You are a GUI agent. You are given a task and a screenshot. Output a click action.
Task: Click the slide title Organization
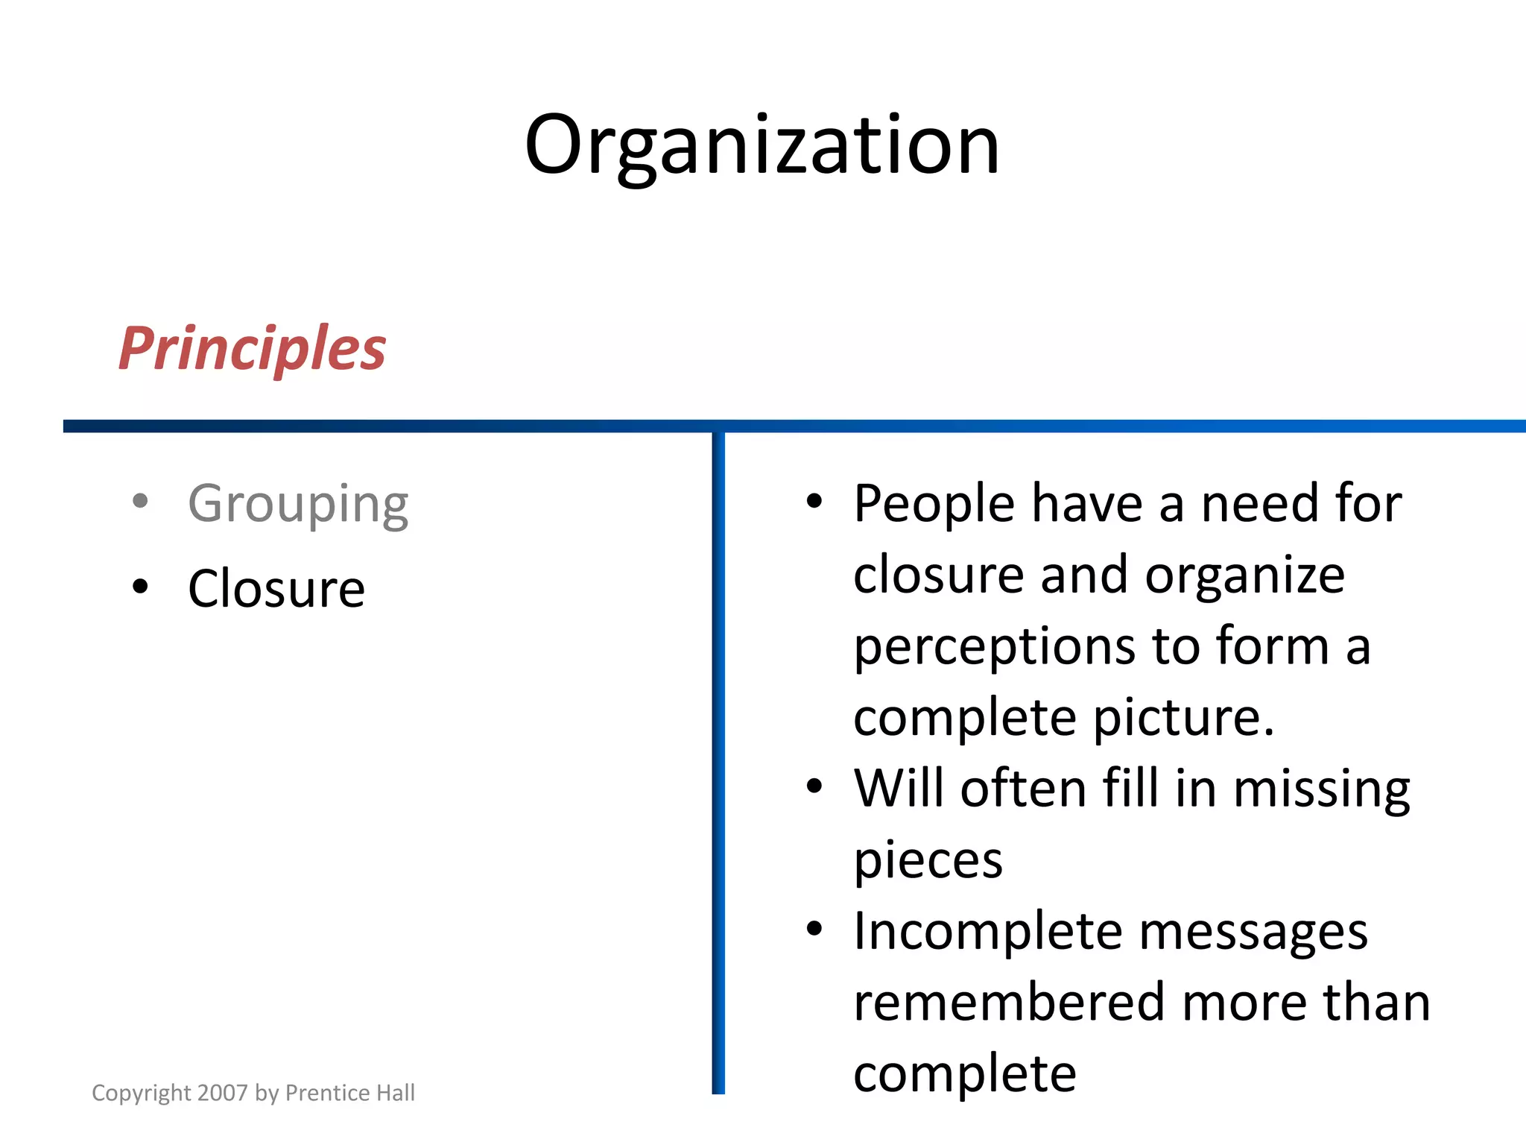coord(762,145)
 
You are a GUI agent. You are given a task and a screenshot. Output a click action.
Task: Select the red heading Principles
coord(252,349)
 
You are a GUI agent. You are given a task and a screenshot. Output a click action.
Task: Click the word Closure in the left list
coord(276,589)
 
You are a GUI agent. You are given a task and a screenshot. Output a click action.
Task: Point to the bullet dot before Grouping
coord(140,501)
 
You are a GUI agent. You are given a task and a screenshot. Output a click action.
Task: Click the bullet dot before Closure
coord(140,587)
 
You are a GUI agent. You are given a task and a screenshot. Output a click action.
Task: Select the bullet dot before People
coord(814,501)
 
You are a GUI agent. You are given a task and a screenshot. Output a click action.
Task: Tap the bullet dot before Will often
coord(814,786)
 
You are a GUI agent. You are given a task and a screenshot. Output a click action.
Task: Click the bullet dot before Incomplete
coord(814,929)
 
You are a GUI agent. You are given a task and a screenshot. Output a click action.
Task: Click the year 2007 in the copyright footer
coord(223,1093)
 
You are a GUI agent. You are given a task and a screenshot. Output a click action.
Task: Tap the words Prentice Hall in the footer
coord(350,1093)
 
